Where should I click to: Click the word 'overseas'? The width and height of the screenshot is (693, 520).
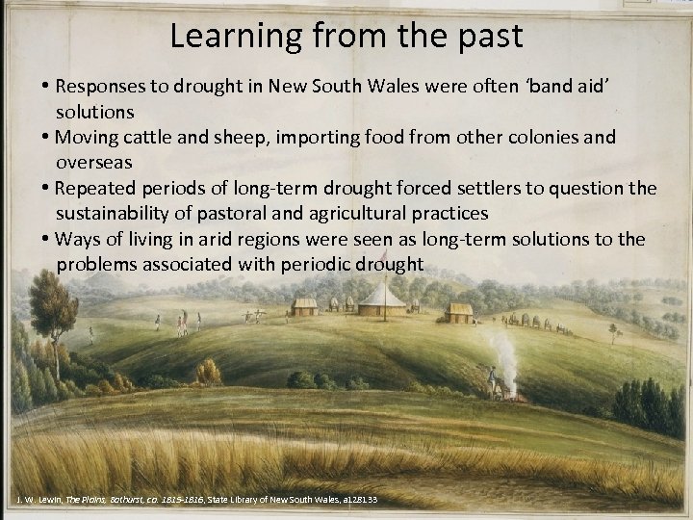click(93, 162)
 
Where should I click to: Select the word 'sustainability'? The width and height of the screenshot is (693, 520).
click(120, 212)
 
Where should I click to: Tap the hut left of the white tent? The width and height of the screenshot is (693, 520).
click(305, 307)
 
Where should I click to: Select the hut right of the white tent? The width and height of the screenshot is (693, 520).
click(459, 312)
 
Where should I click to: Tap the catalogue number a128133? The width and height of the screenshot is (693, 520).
click(354, 500)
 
